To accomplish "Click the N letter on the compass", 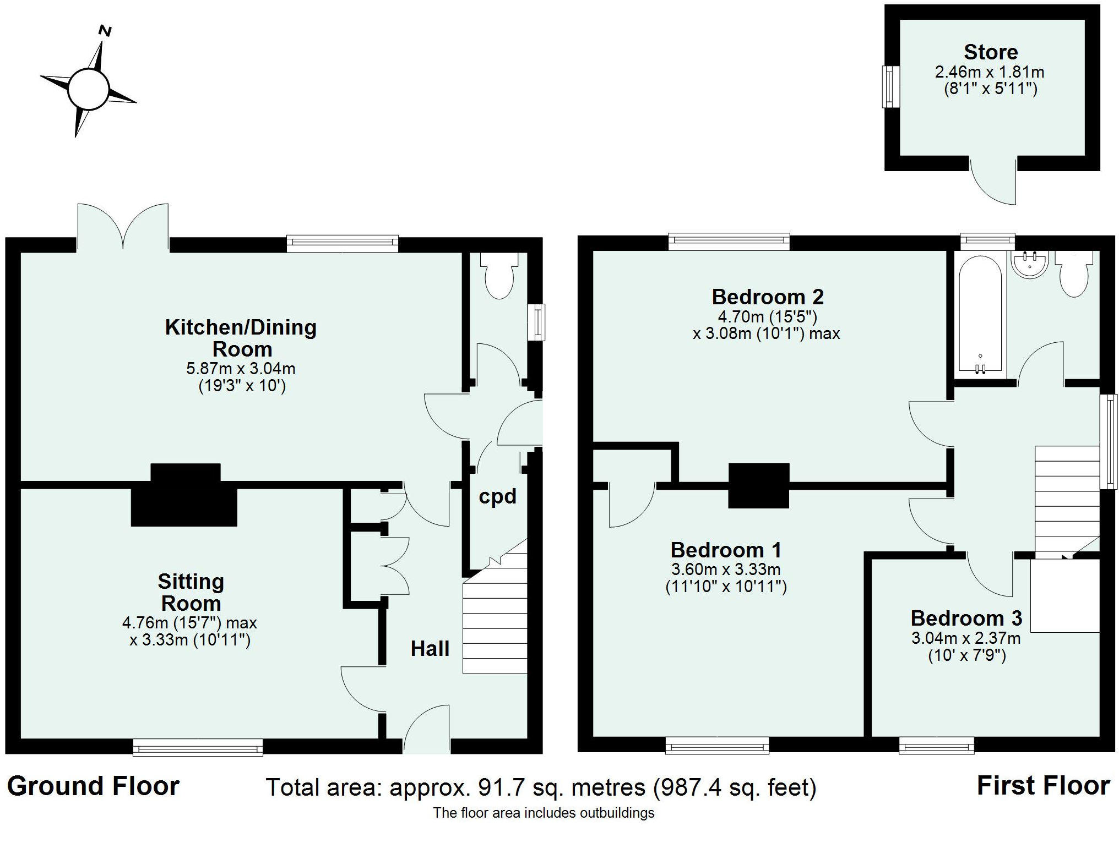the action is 105,31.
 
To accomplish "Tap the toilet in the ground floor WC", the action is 499,276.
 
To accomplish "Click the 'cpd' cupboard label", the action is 497,497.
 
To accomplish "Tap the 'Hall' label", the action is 430,649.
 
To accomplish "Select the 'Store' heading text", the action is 991,52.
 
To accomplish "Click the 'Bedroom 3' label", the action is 966,618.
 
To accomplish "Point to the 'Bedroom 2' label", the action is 768,297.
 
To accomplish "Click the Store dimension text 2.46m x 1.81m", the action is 990,72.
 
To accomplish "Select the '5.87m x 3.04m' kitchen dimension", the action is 241,368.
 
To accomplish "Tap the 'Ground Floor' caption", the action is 94,786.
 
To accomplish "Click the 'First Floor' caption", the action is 1043,786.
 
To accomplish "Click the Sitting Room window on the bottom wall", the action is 198,747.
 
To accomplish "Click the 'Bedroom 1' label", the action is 726,550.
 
